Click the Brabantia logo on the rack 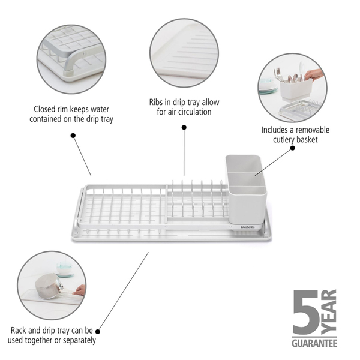click(x=247, y=227)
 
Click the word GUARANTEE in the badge click(x=314, y=343)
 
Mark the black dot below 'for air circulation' click(x=184, y=127)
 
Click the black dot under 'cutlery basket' click(x=293, y=148)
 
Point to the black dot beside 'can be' click(x=98, y=332)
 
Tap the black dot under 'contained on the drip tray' click(x=73, y=136)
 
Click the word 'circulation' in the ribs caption click(x=196, y=112)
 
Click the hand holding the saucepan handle click(x=79, y=290)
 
